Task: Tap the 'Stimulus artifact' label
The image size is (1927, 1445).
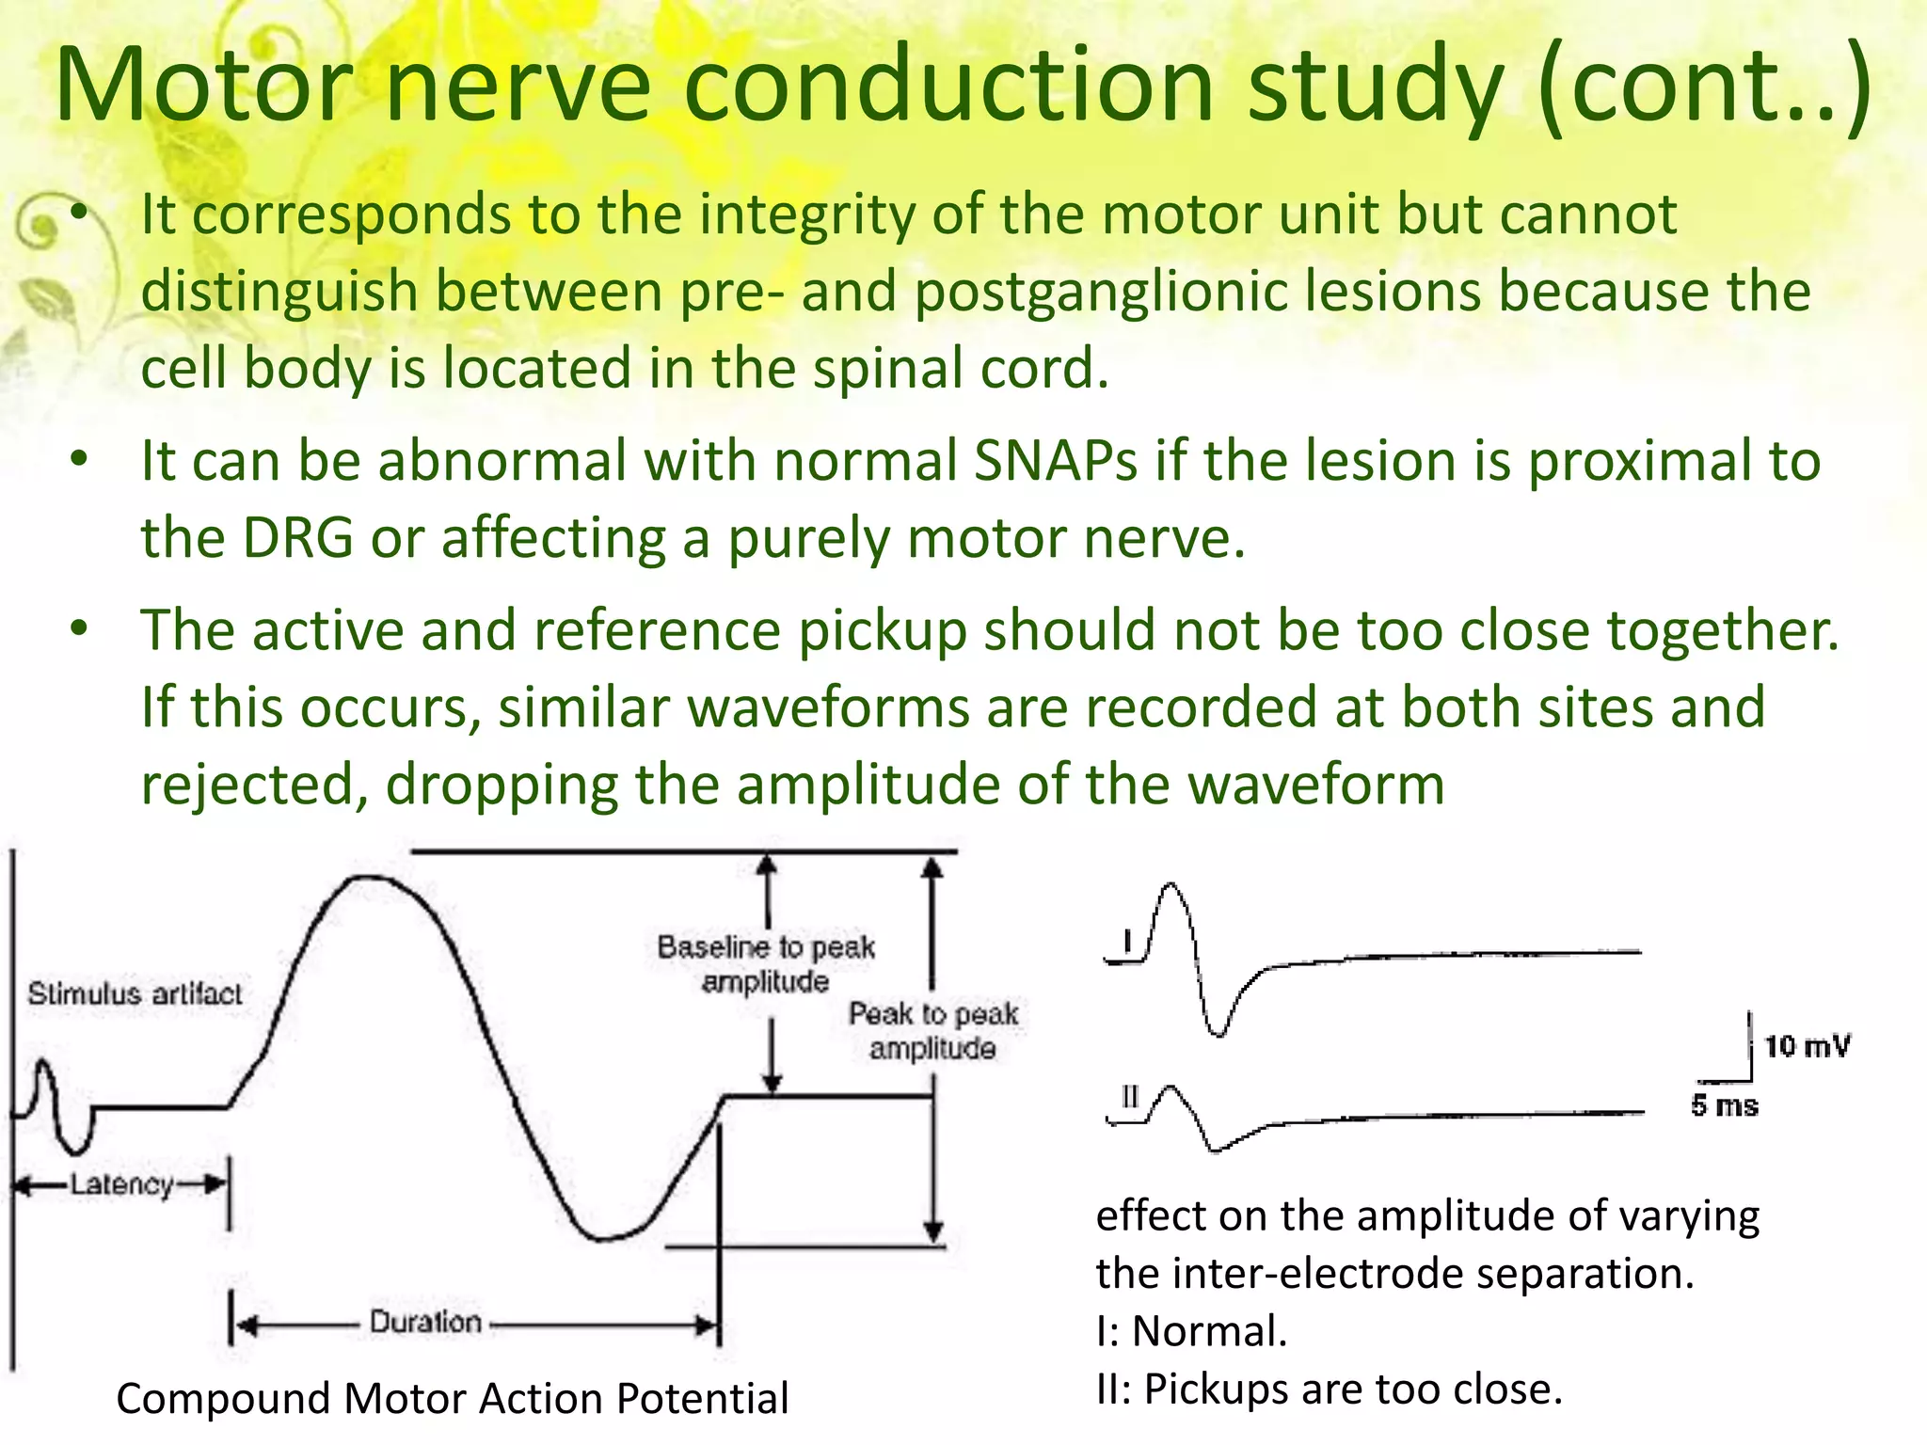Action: pyautogui.click(x=135, y=993)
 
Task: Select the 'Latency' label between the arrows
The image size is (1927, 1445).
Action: pyautogui.click(x=121, y=1183)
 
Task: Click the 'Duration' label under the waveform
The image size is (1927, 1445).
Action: pyautogui.click(x=424, y=1322)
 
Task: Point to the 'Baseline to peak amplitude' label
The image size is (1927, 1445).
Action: pyautogui.click(x=766, y=963)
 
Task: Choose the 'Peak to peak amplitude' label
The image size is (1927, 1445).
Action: pyautogui.click(x=933, y=1030)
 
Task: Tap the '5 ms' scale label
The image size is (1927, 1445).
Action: pyautogui.click(x=1724, y=1105)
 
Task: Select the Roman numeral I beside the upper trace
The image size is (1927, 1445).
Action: pyautogui.click(x=1127, y=942)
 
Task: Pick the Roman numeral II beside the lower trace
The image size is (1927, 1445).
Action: pyautogui.click(x=1130, y=1097)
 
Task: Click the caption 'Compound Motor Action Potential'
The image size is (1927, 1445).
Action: pyautogui.click(x=452, y=1398)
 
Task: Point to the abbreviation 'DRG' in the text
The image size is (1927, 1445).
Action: pyautogui.click(x=298, y=538)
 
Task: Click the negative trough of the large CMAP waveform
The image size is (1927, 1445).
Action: pyautogui.click(x=602, y=1237)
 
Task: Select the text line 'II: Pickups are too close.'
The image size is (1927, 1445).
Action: pyautogui.click(x=1329, y=1389)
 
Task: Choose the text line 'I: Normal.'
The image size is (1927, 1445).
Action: pyautogui.click(x=1191, y=1331)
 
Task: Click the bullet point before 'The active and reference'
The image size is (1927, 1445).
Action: pyautogui.click(x=80, y=628)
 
